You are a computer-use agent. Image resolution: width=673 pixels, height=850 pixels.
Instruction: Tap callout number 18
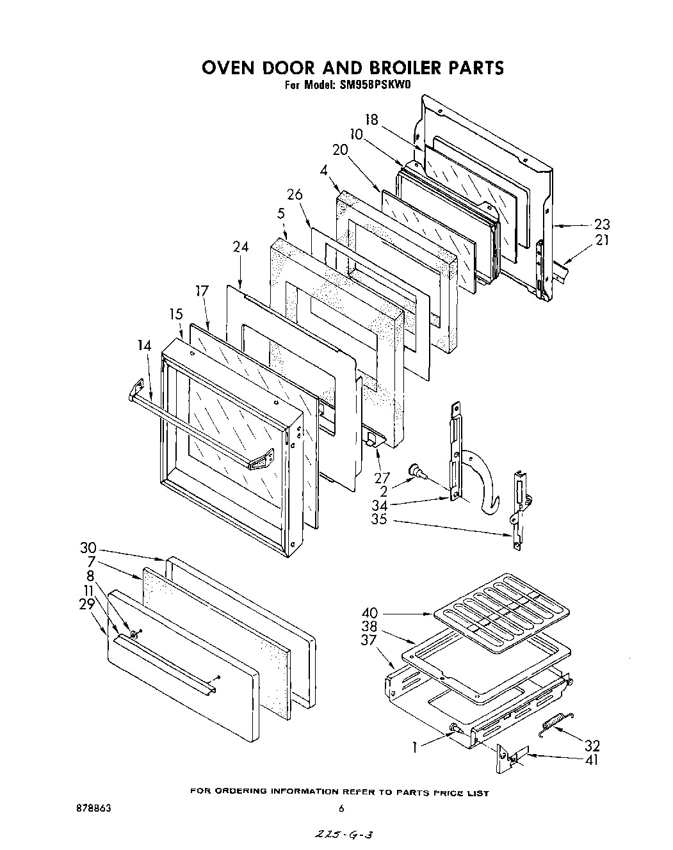coord(372,120)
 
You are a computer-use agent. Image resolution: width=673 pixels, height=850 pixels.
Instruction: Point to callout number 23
coord(602,225)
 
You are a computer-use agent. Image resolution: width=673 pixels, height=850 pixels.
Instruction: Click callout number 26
coord(295,195)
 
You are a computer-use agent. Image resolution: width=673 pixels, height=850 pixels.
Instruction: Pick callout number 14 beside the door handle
coord(144,346)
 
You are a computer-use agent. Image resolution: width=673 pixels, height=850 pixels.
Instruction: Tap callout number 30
coord(88,548)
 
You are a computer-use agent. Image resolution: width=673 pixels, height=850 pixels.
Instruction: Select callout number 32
coord(592,745)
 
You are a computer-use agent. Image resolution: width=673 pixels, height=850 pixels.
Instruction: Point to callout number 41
coord(592,760)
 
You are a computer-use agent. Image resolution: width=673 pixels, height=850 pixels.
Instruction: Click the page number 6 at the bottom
coord(342,808)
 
